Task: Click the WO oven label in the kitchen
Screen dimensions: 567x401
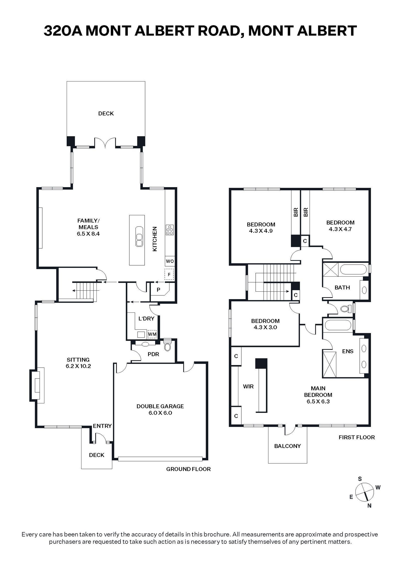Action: point(170,261)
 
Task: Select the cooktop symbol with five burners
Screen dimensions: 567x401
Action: point(170,230)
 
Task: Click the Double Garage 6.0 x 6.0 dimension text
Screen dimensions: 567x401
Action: point(160,413)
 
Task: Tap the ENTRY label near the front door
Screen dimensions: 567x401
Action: point(102,426)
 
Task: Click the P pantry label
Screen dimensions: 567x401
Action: point(158,290)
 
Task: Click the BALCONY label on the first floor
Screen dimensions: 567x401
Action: point(287,446)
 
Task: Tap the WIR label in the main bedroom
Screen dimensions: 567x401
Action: point(248,386)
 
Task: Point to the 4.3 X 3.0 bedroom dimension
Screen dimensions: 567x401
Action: point(265,327)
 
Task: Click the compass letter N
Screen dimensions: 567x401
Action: point(369,506)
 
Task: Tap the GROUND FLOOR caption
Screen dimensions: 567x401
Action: point(188,469)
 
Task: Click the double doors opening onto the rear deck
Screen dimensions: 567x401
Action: point(105,142)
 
